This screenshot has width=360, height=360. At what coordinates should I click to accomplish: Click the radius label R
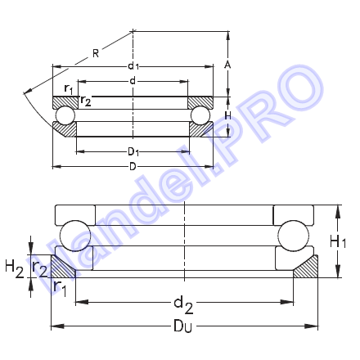96,53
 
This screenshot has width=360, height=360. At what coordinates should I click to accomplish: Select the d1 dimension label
133,65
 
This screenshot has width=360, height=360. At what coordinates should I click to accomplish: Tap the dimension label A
227,65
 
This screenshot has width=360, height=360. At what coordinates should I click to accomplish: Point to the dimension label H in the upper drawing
227,116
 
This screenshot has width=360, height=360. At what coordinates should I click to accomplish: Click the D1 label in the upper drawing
133,151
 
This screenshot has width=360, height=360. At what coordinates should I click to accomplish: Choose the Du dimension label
183,326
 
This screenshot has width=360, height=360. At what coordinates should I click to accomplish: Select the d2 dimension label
183,305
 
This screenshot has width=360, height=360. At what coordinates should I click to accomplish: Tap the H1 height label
338,241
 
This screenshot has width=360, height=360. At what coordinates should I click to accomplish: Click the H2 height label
15,268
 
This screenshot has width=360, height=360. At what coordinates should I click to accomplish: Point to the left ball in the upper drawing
65,115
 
